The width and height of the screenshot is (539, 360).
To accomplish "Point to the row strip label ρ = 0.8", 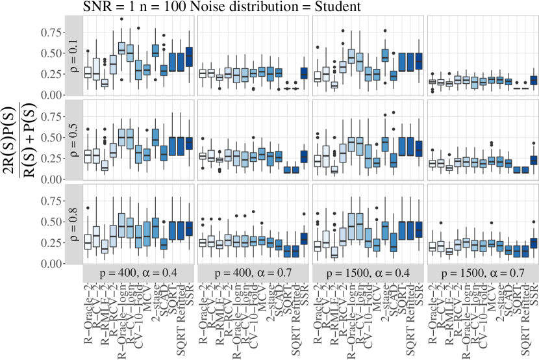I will [73, 224].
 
